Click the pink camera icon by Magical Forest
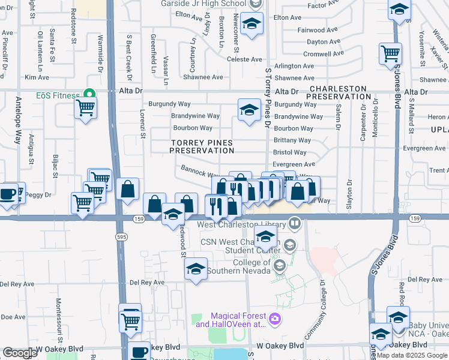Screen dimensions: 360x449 (x=275, y=317)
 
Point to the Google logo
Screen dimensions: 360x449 (x=20, y=353)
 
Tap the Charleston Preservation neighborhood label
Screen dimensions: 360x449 (x=340, y=92)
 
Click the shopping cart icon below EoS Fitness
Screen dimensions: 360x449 (x=85, y=109)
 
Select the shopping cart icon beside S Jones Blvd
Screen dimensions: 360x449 (x=390, y=53)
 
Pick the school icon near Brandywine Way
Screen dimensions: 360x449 (x=249, y=110)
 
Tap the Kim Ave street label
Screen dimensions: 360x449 (x=37, y=77)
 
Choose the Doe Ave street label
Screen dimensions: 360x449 (x=13, y=317)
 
